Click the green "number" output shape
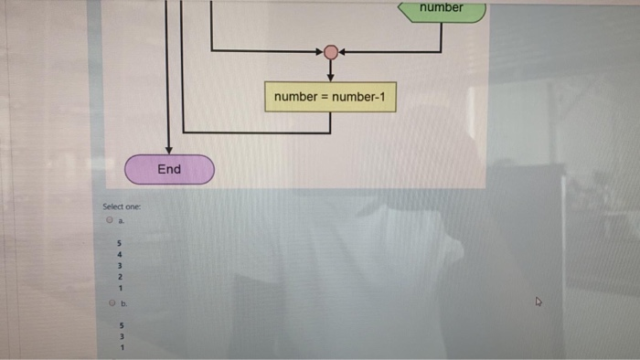point(443,9)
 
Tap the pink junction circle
point(331,51)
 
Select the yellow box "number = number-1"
point(331,96)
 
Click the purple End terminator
point(169,169)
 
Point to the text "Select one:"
point(121,207)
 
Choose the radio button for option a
point(109,220)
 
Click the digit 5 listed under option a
point(118,242)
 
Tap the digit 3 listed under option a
point(118,265)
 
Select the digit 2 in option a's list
point(118,276)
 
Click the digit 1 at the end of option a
point(118,288)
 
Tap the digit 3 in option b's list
point(118,334)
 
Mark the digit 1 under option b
point(118,346)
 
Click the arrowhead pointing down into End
point(169,150)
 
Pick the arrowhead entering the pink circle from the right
point(343,51)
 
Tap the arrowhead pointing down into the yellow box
point(331,77)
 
